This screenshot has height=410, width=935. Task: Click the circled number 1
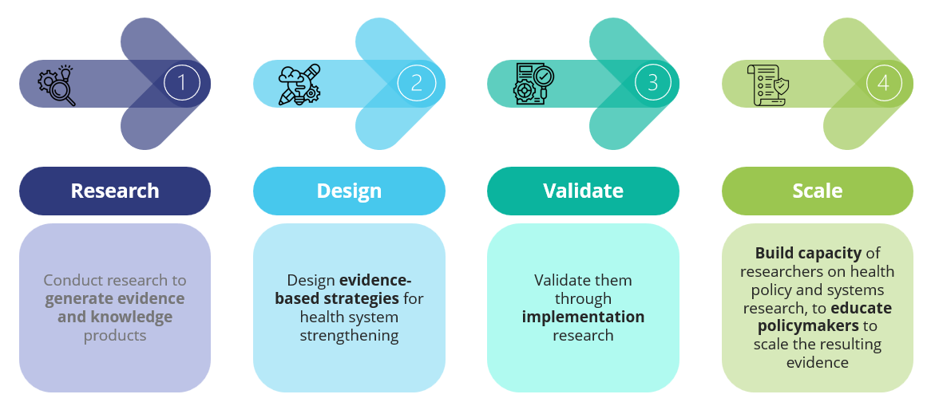point(181,84)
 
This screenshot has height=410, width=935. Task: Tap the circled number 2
point(416,84)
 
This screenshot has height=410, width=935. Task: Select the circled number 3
point(652,84)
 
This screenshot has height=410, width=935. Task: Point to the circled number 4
point(883,84)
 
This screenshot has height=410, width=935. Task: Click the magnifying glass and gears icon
point(57,86)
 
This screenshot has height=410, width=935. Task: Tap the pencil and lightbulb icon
point(299,85)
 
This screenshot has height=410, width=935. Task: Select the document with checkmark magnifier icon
point(533,85)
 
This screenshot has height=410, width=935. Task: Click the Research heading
point(115,191)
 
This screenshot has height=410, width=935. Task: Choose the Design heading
point(349,191)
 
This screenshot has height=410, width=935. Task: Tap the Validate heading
point(583,191)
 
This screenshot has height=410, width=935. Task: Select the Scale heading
point(818,191)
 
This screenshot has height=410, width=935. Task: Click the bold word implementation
point(583,317)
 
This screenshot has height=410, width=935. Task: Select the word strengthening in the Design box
point(349,336)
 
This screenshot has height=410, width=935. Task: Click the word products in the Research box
point(115,336)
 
